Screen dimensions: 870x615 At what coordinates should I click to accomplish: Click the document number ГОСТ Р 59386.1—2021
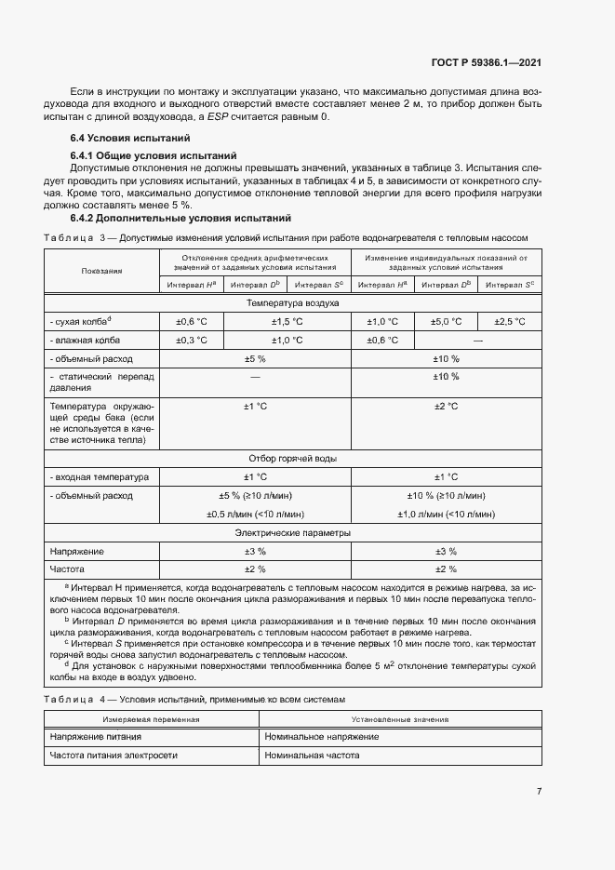click(486, 63)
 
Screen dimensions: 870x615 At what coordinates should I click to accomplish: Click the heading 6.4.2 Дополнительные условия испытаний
click(181, 218)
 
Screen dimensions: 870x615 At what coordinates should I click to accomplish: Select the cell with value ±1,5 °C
click(287, 321)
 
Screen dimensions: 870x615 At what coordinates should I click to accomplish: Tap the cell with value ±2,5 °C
click(510, 321)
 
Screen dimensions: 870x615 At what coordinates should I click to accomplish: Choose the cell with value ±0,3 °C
click(192, 340)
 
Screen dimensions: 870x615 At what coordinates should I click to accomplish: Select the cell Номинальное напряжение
click(321, 737)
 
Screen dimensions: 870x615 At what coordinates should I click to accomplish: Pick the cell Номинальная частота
click(312, 756)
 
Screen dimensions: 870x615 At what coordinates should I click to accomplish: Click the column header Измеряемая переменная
click(151, 719)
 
